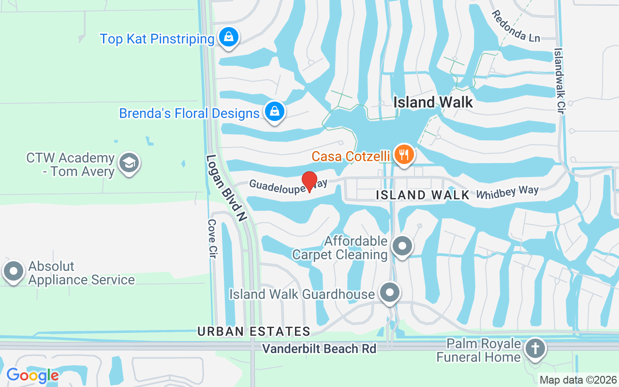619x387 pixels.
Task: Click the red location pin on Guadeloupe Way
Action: click(309, 181)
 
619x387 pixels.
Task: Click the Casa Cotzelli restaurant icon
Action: click(402, 154)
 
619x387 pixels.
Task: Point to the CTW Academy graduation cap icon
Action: click(128, 163)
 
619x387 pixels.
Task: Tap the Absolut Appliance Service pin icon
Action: click(14, 271)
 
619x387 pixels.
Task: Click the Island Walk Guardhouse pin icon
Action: click(390, 293)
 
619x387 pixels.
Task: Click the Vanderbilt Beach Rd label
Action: click(319, 348)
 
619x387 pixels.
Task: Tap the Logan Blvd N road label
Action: click(226, 188)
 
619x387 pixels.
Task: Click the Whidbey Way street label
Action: click(507, 192)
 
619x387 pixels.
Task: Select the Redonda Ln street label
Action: click(516, 26)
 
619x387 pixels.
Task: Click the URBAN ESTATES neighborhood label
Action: click(253, 331)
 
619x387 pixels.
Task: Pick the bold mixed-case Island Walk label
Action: click(433, 102)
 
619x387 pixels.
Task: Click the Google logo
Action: click(32, 375)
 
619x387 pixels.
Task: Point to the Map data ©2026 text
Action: click(578, 380)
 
